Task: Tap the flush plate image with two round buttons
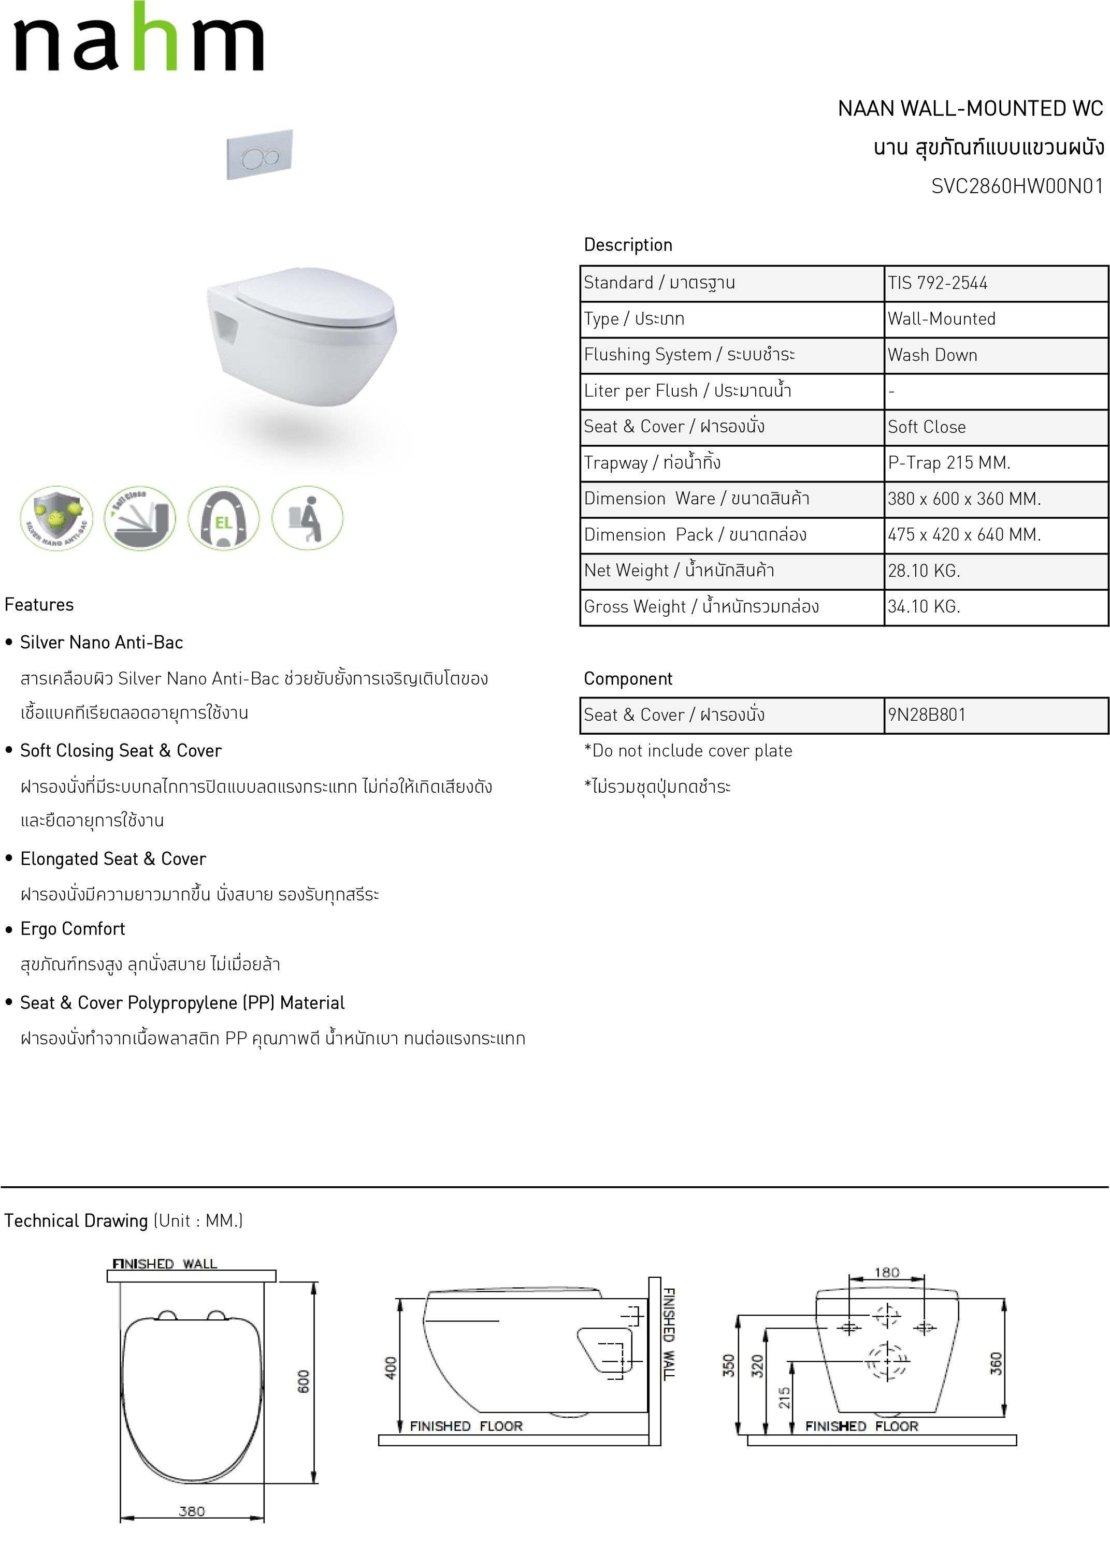pyautogui.click(x=260, y=155)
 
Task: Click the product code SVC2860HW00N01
pyautogui.click(x=1017, y=186)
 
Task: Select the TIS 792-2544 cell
pyautogui.click(x=937, y=283)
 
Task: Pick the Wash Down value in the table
pyautogui.click(x=932, y=355)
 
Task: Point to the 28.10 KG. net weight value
pyautogui.click(x=924, y=571)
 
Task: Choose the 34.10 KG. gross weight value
pyautogui.click(x=924, y=607)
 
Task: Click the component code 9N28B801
pyautogui.click(x=926, y=715)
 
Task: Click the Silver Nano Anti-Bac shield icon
pyautogui.click(x=56, y=518)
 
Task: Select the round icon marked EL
pyautogui.click(x=223, y=518)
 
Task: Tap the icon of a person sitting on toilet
pyautogui.click(x=307, y=518)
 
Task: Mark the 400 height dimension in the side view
pyautogui.click(x=391, y=1367)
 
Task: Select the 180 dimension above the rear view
pyautogui.click(x=886, y=1272)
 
